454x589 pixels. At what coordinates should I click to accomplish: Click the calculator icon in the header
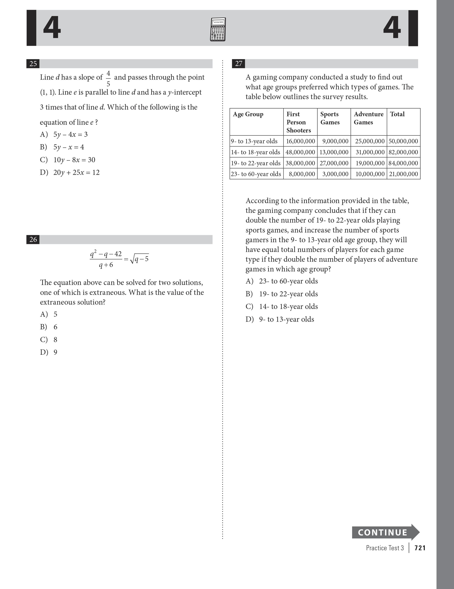point(218,29)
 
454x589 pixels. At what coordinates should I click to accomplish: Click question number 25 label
point(33,64)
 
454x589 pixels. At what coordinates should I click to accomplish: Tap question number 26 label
point(33,240)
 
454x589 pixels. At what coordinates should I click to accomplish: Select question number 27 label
point(239,64)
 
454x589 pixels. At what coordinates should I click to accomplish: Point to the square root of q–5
point(140,259)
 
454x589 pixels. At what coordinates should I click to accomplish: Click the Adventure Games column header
point(369,118)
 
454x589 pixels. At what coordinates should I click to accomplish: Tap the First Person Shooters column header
point(298,122)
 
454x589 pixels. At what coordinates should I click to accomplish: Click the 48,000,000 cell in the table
point(300,152)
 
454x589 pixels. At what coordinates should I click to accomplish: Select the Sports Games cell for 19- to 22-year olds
point(334,163)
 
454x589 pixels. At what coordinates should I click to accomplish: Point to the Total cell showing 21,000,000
point(403,174)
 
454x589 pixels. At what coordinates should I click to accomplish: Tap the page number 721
point(420,548)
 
